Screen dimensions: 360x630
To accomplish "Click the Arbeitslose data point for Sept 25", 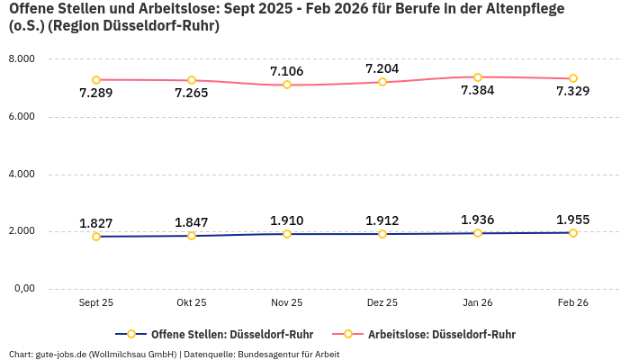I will pyautogui.click(x=96, y=80).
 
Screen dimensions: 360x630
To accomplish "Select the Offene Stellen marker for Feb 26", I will pyautogui.click(x=573, y=233).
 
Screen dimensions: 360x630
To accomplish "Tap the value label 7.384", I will pyautogui.click(x=477, y=91).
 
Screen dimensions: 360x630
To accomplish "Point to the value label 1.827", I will pyautogui.click(x=96, y=223).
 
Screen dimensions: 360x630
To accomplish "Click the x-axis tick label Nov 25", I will pyautogui.click(x=287, y=303).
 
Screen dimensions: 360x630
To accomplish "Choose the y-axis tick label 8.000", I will pyautogui.click(x=21, y=58).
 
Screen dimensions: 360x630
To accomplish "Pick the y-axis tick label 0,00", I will pyautogui.click(x=22, y=289).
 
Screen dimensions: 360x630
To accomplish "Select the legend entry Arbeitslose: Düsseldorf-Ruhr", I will pyautogui.click(x=441, y=334).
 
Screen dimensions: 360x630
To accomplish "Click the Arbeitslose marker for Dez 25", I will pyautogui.click(x=382, y=82).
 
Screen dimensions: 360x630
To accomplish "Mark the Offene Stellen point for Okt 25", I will pyautogui.click(x=192, y=236).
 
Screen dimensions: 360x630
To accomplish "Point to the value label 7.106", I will pyautogui.click(x=287, y=71).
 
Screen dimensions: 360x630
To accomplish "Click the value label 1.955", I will pyautogui.click(x=573, y=220).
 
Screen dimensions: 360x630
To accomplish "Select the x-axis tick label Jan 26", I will pyautogui.click(x=478, y=303).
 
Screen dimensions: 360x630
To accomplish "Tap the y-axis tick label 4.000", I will pyautogui.click(x=21, y=174).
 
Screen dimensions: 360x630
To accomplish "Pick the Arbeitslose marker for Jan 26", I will pyautogui.click(x=478, y=77).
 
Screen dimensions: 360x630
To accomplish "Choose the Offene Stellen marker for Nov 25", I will pyautogui.click(x=287, y=234).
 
